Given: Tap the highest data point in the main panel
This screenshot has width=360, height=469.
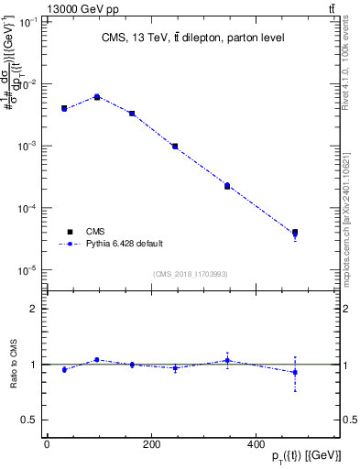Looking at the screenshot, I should (x=97, y=96).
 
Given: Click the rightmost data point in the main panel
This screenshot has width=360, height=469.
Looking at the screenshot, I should (x=295, y=234).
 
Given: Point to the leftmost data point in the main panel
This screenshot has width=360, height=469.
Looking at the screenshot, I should (x=64, y=108).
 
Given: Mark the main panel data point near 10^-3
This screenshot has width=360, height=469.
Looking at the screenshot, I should (x=175, y=146).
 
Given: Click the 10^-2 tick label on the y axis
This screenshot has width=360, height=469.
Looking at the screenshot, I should (x=27, y=84).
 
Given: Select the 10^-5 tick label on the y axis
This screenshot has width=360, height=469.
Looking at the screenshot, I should (x=27, y=271).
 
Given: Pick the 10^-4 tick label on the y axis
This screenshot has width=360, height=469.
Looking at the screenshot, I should (x=27, y=209).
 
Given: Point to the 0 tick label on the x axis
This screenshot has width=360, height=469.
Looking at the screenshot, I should (x=47, y=445).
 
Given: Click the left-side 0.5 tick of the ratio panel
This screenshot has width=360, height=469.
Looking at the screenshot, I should (x=30, y=420).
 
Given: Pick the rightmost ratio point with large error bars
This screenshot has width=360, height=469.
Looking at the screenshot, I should (x=295, y=372).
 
